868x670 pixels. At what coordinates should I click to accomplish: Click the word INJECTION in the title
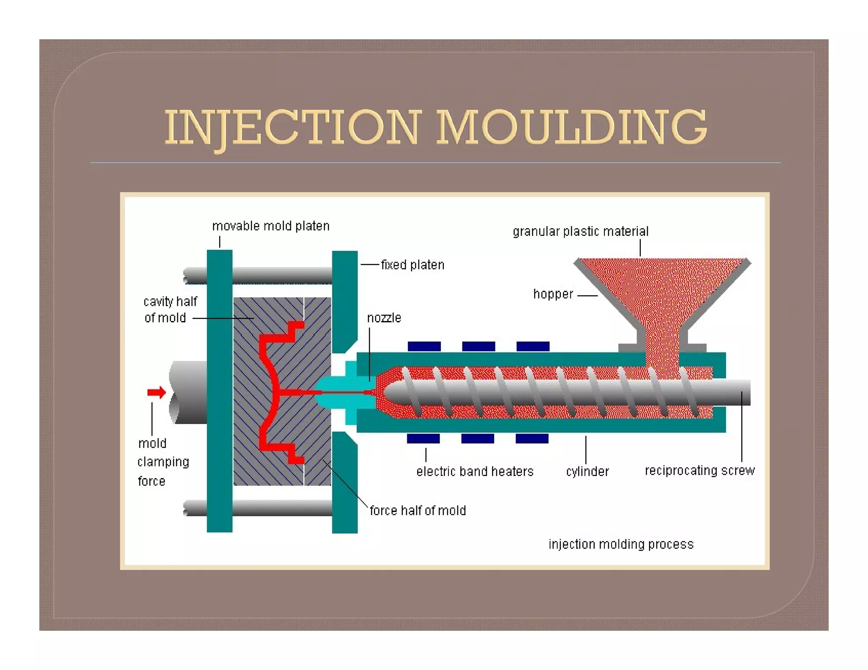pyautogui.click(x=293, y=127)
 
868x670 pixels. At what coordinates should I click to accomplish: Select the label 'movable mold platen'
pyautogui.click(x=270, y=226)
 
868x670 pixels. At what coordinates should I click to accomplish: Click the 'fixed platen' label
pyautogui.click(x=412, y=265)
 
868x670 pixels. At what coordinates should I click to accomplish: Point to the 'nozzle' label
pyautogui.click(x=384, y=318)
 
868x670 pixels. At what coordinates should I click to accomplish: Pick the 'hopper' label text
pyautogui.click(x=553, y=294)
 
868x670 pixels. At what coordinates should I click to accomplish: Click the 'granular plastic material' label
pyautogui.click(x=580, y=232)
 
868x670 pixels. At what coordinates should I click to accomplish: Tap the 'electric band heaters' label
pyautogui.click(x=475, y=471)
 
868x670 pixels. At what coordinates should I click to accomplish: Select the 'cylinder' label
pyautogui.click(x=587, y=471)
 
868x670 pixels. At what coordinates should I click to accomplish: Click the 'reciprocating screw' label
pyautogui.click(x=700, y=471)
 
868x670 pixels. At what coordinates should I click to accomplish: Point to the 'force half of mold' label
pyautogui.click(x=417, y=510)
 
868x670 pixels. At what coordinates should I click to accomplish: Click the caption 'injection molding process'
pyautogui.click(x=621, y=544)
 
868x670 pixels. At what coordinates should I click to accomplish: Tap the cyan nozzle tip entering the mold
pyautogui.click(x=335, y=392)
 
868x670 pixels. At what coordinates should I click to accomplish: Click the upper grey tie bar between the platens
pyautogui.click(x=282, y=275)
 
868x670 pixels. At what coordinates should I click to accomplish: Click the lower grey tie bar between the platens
pyautogui.click(x=282, y=508)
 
